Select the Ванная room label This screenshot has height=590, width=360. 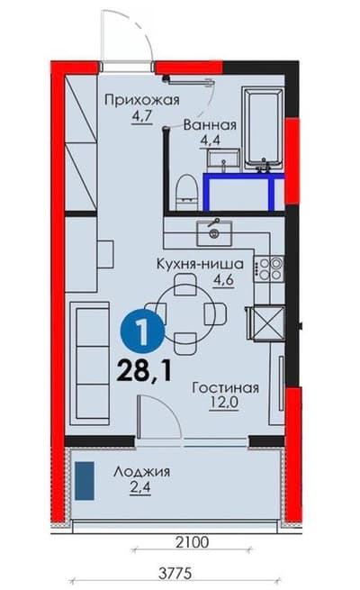point(210,125)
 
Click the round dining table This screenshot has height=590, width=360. point(185,311)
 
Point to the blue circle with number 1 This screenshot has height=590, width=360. point(139,332)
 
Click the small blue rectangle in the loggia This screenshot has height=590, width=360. point(86,480)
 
